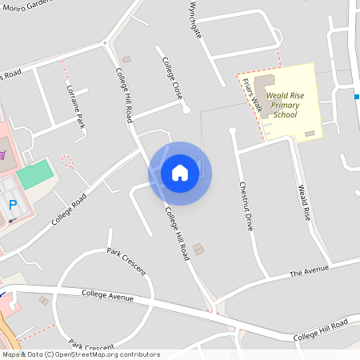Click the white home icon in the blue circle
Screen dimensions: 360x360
(180, 173)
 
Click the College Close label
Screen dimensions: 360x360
(172, 78)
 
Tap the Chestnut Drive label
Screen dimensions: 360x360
(246, 206)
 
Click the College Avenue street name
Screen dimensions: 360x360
(108, 295)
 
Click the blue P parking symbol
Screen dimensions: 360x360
(13, 205)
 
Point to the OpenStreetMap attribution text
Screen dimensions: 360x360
(81, 354)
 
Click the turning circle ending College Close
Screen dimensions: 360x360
(186, 110)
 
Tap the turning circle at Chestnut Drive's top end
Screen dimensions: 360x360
(233, 130)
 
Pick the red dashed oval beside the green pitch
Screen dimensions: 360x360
(67, 162)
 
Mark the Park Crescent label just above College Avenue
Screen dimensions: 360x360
(126, 261)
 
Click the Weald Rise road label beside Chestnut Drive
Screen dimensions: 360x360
(304, 203)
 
